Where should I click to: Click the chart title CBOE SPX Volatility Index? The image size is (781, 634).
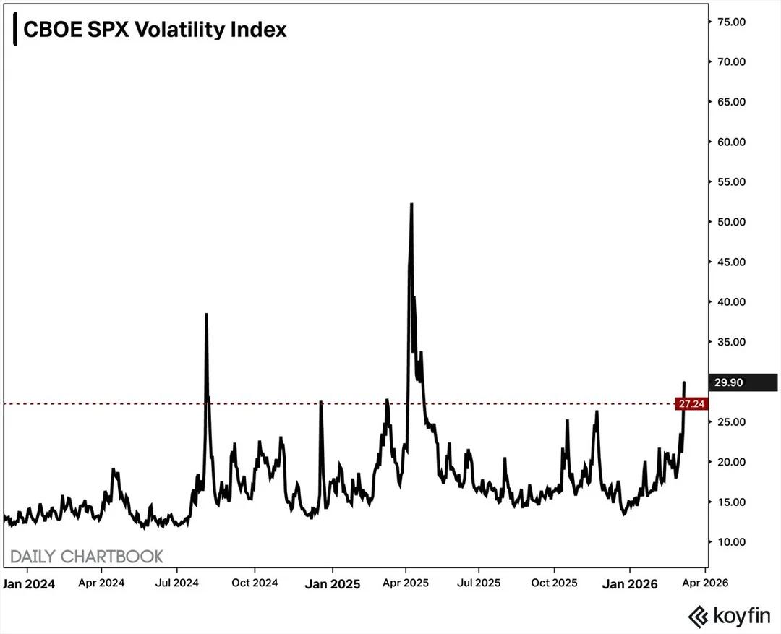click(155, 30)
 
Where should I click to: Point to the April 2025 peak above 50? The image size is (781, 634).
click(411, 205)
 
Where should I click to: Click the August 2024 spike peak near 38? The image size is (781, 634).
click(206, 314)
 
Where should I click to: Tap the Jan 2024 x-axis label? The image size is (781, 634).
click(29, 583)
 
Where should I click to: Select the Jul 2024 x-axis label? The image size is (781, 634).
click(176, 582)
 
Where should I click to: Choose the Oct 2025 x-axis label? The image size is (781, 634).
click(554, 582)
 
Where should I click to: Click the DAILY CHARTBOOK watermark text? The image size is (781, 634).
click(87, 557)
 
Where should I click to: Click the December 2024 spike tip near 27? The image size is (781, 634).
click(320, 402)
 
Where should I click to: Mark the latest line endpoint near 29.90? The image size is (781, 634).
click(684, 382)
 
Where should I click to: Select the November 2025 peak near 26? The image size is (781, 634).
click(597, 412)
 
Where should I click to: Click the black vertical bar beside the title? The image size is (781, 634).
click(15, 30)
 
